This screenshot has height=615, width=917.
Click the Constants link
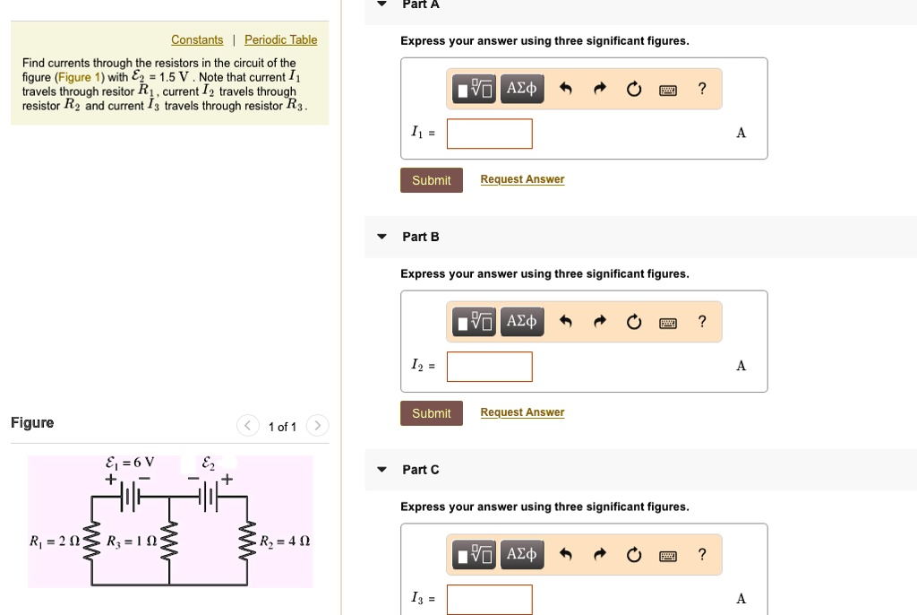(x=197, y=40)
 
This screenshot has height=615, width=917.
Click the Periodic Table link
(x=280, y=40)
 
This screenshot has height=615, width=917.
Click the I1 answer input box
(x=489, y=134)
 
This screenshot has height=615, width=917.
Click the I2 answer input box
(x=489, y=367)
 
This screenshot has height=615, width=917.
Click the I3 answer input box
(x=489, y=599)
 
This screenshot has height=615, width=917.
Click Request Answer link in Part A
(x=522, y=180)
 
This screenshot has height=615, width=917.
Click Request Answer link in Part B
(x=522, y=413)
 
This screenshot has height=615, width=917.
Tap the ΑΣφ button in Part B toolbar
(x=521, y=321)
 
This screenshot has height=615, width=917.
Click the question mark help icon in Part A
(x=702, y=88)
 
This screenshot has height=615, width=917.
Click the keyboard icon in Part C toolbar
(x=667, y=555)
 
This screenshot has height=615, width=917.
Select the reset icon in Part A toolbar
(x=634, y=89)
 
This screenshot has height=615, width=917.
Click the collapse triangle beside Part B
(x=381, y=238)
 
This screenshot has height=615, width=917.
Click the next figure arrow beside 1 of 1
(x=318, y=426)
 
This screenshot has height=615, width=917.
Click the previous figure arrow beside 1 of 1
(x=247, y=426)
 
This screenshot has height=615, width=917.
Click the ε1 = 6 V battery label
(x=130, y=463)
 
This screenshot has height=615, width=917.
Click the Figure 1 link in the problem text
(x=80, y=77)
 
